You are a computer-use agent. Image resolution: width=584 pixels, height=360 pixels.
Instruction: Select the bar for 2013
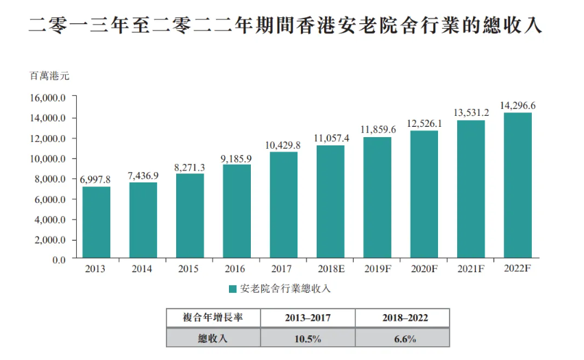pos(96,223)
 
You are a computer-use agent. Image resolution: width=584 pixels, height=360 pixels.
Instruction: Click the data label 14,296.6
pos(518,106)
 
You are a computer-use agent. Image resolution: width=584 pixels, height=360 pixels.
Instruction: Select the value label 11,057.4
pos(331,138)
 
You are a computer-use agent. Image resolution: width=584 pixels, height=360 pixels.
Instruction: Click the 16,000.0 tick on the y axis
pos(48,97)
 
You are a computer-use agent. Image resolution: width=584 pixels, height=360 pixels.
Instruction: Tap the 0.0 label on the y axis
pos(59,261)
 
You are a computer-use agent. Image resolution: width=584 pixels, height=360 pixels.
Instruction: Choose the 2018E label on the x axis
pos(331,269)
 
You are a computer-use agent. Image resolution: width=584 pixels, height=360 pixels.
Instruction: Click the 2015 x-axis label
pos(189,269)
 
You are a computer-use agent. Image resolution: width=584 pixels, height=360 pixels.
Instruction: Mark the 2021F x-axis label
pos(472,269)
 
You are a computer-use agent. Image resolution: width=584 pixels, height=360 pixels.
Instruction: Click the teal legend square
pos(233,289)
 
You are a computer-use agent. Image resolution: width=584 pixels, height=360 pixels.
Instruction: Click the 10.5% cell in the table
pos(308,338)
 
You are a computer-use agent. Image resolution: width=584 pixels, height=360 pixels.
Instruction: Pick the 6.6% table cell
pos(402,338)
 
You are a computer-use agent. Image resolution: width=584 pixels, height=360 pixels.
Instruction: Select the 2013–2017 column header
pos(308,318)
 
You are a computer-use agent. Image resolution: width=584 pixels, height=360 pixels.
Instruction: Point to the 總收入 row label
pos(212,338)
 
